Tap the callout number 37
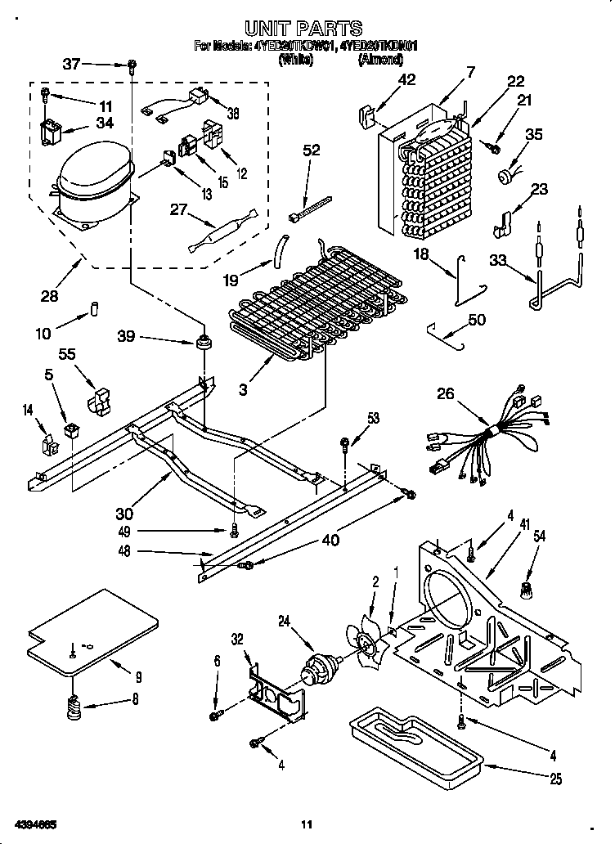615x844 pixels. click(73, 65)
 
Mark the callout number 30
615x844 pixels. click(123, 514)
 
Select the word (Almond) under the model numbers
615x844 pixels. click(377, 60)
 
